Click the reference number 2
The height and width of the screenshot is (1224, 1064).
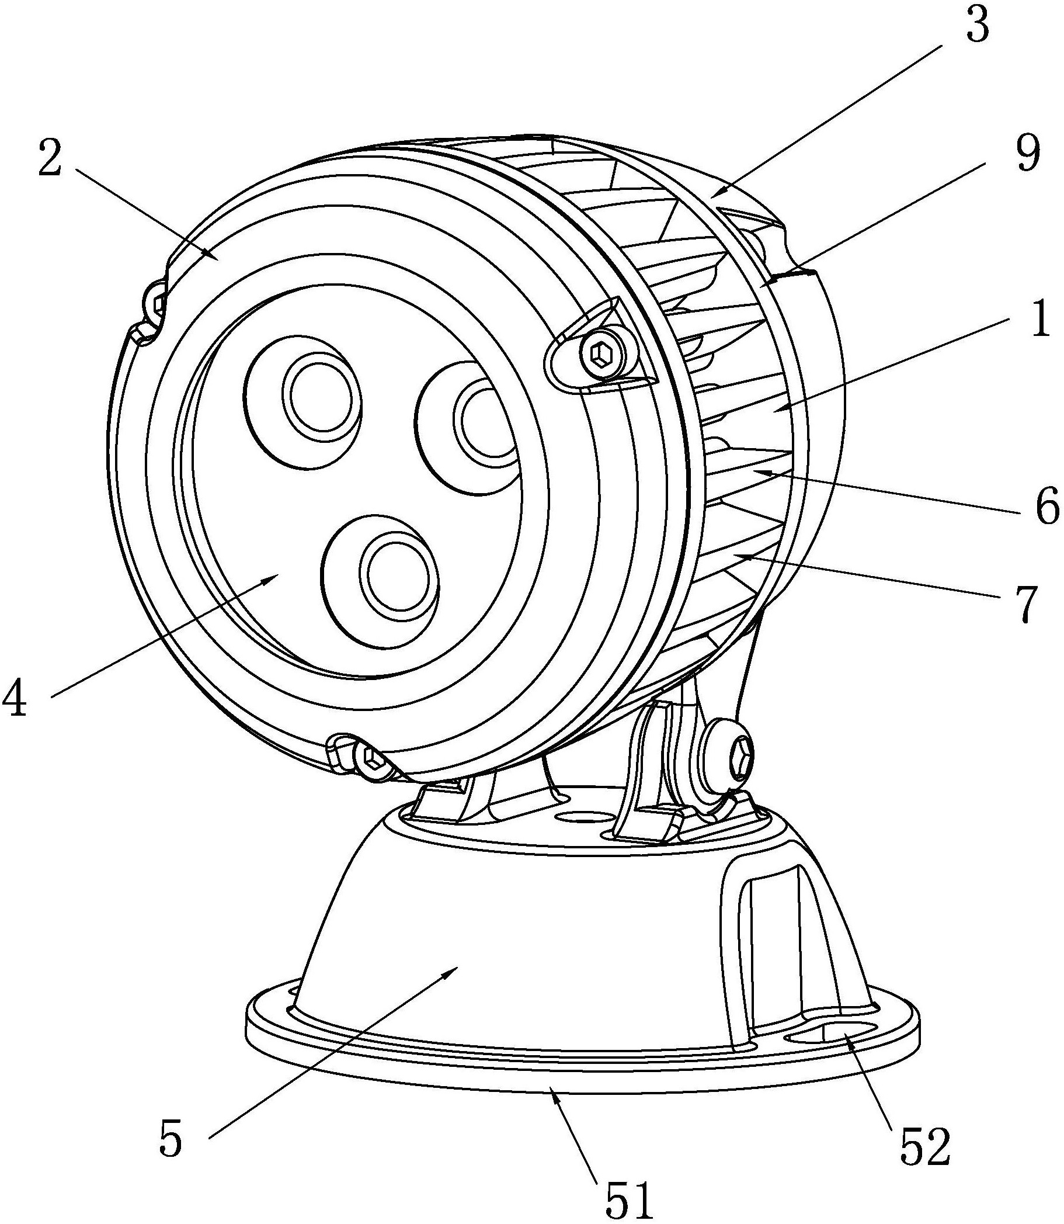[50, 157]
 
